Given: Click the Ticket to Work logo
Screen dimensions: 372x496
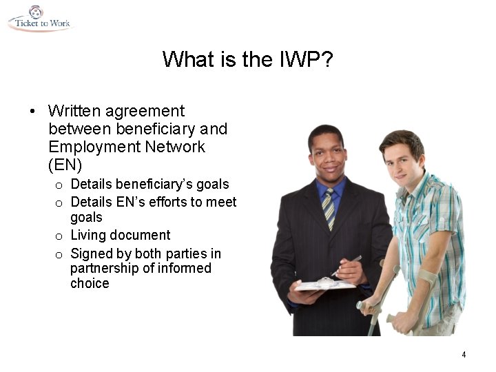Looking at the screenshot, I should [x=39, y=19].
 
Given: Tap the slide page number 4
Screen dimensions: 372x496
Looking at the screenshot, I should [x=464, y=355].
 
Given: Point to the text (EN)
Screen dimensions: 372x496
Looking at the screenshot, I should [x=65, y=165].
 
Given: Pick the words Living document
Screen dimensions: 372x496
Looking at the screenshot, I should [x=121, y=236].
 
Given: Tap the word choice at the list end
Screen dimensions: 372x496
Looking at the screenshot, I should [x=90, y=283].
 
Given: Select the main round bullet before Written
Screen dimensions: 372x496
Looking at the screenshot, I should [x=32, y=112].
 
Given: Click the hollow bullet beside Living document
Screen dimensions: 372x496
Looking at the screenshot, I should [x=59, y=236].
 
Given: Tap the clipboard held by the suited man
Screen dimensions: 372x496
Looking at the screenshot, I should [x=324, y=285].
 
